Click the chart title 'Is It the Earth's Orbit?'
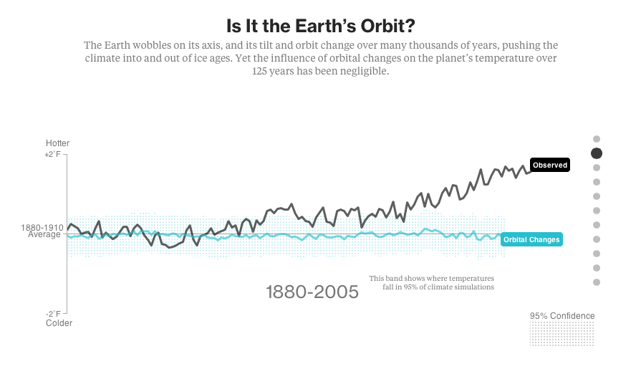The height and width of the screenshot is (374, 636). click(x=320, y=26)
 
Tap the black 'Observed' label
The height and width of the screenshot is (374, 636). click(x=549, y=166)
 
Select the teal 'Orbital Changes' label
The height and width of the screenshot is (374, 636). click(x=531, y=239)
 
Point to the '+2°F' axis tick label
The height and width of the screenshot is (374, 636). click(x=53, y=154)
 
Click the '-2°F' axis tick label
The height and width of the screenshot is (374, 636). click(x=54, y=314)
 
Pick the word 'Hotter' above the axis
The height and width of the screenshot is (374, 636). click(x=58, y=143)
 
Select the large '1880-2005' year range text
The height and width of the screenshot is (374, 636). click(x=312, y=292)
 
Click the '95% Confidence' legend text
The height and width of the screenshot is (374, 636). click(x=562, y=316)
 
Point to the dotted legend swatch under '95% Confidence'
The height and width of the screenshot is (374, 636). click(x=562, y=334)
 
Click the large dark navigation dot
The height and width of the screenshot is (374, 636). click(x=596, y=153)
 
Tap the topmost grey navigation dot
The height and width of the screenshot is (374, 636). click(x=596, y=139)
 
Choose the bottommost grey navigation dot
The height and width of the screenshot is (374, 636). click(x=596, y=282)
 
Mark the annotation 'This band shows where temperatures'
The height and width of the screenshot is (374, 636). click(x=431, y=278)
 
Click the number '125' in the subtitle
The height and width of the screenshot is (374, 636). click(x=261, y=72)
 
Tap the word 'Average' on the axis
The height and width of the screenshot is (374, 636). click(x=44, y=234)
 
